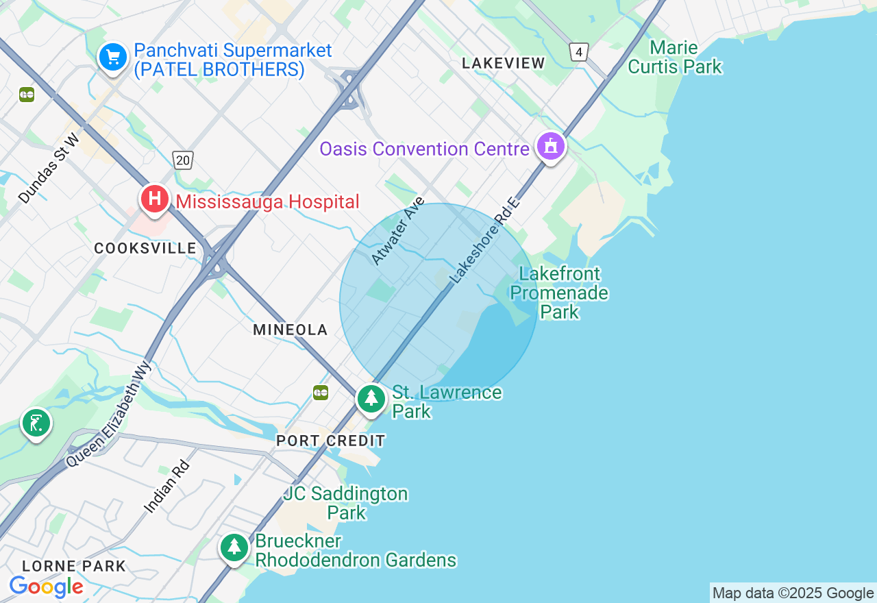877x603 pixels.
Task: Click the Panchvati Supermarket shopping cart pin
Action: click(x=113, y=57)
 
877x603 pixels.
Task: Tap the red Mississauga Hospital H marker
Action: click(x=156, y=199)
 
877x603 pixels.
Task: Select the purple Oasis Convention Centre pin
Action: click(x=550, y=146)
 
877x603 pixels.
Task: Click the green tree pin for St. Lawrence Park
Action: click(x=371, y=398)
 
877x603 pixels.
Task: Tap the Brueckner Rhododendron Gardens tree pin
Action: click(x=234, y=547)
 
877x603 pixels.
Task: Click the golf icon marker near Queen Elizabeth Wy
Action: click(x=36, y=423)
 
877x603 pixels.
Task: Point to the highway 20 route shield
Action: click(x=183, y=160)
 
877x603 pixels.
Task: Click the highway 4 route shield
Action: click(x=579, y=52)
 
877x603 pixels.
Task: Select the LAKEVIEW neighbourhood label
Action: click(x=503, y=64)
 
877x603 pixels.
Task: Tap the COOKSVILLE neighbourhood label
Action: click(x=145, y=249)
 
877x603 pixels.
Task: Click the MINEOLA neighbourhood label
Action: click(x=291, y=330)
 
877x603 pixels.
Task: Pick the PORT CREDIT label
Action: click(x=330, y=441)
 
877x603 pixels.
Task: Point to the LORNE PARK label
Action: click(x=74, y=567)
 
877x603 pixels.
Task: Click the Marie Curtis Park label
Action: click(x=675, y=58)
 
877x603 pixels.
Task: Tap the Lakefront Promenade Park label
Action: click(x=559, y=293)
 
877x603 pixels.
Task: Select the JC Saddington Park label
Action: click(x=346, y=503)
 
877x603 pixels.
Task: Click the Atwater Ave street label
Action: click(x=398, y=231)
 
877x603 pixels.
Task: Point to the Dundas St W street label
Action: click(x=49, y=169)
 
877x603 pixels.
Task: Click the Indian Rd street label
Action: click(x=166, y=487)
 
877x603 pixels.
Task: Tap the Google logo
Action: click(x=46, y=587)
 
